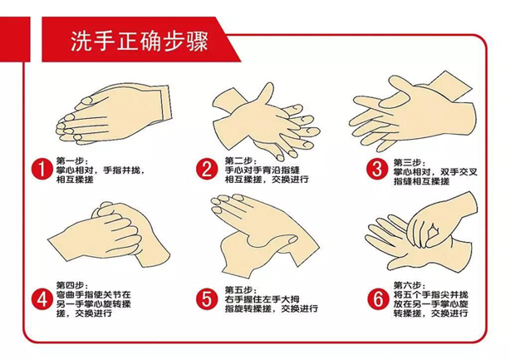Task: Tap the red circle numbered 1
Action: click(41, 170)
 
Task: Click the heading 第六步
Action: click(407, 281)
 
